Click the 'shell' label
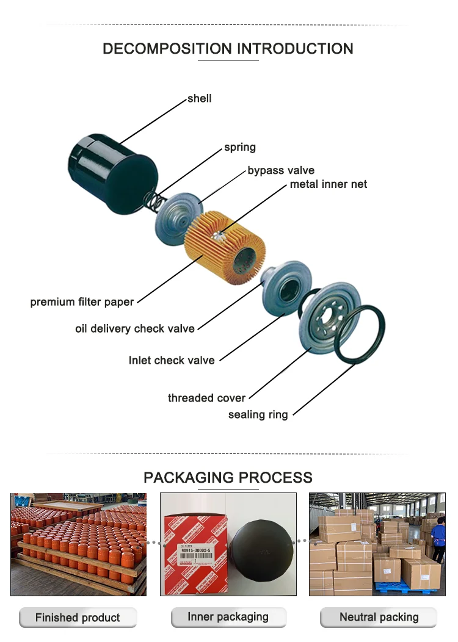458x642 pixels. point(200,98)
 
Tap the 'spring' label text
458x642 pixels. point(240,147)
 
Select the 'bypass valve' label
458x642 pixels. point(281,170)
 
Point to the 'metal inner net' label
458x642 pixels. point(329,184)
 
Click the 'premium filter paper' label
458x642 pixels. point(82,302)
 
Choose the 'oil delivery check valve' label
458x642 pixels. point(135,329)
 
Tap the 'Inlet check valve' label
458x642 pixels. point(172,360)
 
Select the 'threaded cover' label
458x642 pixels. point(206,398)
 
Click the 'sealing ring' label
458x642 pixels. point(258,415)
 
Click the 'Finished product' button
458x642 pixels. point(78,618)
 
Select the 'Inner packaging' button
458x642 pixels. point(228,617)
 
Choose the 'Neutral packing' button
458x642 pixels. point(379,617)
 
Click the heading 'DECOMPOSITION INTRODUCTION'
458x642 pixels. point(228,49)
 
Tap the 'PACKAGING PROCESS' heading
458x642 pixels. point(228,477)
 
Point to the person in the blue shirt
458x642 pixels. point(438,537)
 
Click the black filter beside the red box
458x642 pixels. point(263,552)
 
